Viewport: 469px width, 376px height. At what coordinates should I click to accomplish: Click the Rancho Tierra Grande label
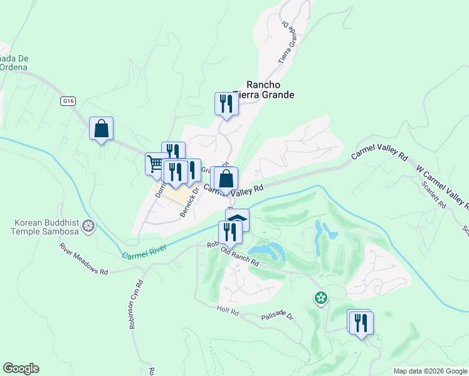point(263,90)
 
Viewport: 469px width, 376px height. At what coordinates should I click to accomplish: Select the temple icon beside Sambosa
point(89,225)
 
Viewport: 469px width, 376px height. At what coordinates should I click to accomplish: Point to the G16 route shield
point(68,101)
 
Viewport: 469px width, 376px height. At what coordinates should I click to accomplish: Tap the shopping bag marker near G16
point(101,129)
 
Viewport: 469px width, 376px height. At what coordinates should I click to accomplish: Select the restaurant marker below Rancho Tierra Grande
point(226,104)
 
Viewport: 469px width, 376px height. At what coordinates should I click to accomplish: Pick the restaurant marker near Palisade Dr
point(361,323)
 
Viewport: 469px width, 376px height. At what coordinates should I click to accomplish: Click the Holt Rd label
point(228,310)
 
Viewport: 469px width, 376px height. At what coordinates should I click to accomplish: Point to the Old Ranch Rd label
point(240,256)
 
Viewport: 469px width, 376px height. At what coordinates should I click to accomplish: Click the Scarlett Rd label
point(433,196)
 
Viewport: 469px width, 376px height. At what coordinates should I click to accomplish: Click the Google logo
point(21,368)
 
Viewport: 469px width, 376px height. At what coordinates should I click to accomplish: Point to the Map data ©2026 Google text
point(430,371)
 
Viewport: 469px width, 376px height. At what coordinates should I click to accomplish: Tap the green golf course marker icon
point(321,298)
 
